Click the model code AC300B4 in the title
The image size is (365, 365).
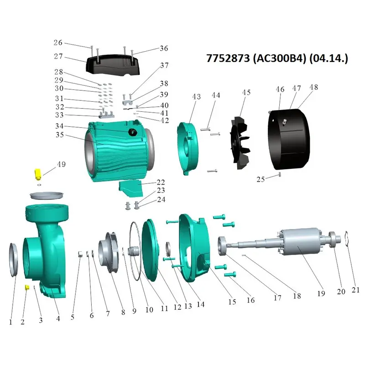(x=279, y=58)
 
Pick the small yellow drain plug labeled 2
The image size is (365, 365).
(x=27, y=287)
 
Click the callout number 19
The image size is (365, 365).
(x=321, y=293)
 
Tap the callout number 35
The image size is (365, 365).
(x=60, y=135)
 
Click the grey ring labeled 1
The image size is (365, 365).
(x=14, y=260)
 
